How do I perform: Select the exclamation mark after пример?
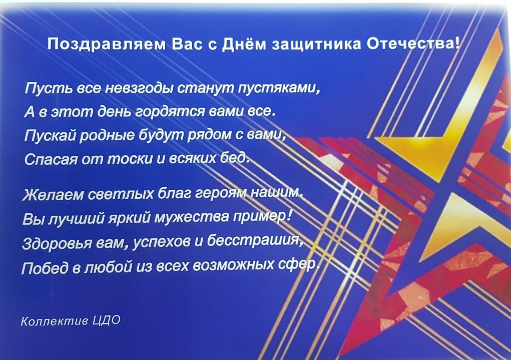(x=289, y=215)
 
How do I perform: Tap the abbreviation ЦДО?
(x=107, y=321)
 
